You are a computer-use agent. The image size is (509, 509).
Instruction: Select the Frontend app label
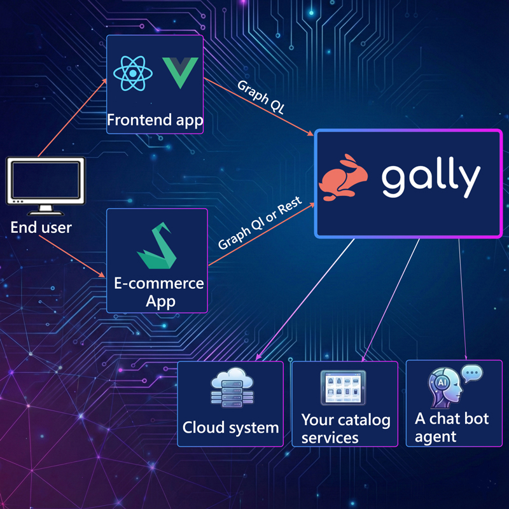click(x=155, y=120)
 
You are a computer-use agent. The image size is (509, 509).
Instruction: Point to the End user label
click(x=41, y=227)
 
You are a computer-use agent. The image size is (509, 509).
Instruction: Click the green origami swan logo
click(x=156, y=247)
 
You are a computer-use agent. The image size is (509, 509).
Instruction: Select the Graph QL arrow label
click(x=261, y=97)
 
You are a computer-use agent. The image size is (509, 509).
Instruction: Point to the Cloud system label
click(x=230, y=428)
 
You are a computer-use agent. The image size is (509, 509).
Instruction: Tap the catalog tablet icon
click(x=345, y=387)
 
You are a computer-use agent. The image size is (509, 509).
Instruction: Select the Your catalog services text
click(x=345, y=428)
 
